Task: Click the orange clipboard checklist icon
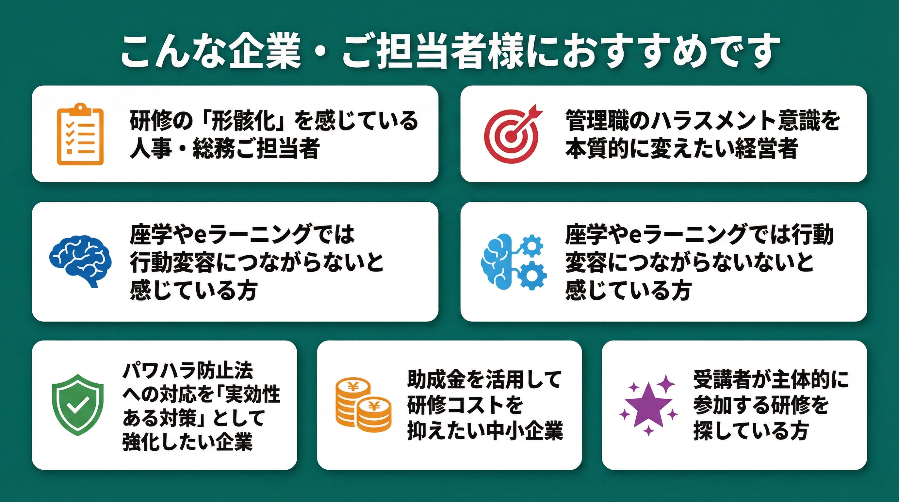click(80, 134)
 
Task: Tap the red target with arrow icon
click(512, 135)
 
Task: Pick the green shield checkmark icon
click(77, 405)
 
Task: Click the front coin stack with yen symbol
click(374, 415)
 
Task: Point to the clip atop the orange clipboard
click(80, 108)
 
